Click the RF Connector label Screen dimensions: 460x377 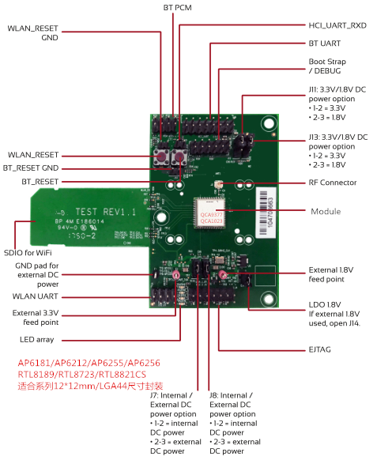point(332,183)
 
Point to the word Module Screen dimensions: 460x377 point(326,211)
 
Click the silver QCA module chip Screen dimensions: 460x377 point(208,211)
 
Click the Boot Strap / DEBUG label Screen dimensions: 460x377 point(327,66)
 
